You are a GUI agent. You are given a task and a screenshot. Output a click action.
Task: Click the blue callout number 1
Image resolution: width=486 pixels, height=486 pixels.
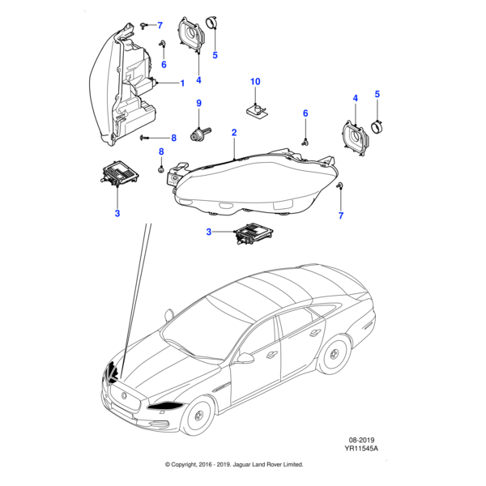[182, 83]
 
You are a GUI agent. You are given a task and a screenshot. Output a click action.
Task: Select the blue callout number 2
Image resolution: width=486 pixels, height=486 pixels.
[234, 132]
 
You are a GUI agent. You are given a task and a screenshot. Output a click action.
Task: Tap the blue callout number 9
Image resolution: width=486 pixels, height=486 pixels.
[198, 103]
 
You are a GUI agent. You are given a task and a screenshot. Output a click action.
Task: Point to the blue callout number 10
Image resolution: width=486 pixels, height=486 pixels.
[255, 82]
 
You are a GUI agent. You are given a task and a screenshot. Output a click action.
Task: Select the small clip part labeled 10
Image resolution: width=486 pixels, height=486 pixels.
[256, 107]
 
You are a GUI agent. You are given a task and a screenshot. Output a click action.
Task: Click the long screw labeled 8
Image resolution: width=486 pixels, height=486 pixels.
[147, 139]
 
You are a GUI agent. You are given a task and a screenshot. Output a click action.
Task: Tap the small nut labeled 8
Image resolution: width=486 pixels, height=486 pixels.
[161, 169]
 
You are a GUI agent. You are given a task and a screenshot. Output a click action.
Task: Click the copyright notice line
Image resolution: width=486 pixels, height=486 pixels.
[234, 465]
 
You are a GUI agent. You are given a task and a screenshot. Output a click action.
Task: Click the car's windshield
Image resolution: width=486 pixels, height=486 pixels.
[194, 324]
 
